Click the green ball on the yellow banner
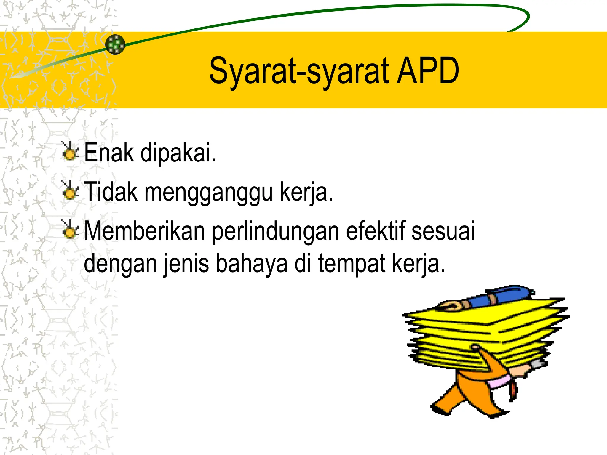[115, 44]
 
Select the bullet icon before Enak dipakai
[70, 151]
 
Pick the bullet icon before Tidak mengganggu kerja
[70, 190]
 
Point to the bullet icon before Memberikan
[70, 230]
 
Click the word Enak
[109, 153]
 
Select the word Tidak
[111, 192]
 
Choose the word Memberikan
[145, 231]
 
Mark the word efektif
[376, 231]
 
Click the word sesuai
[443, 231]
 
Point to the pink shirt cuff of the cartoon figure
[501, 382]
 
